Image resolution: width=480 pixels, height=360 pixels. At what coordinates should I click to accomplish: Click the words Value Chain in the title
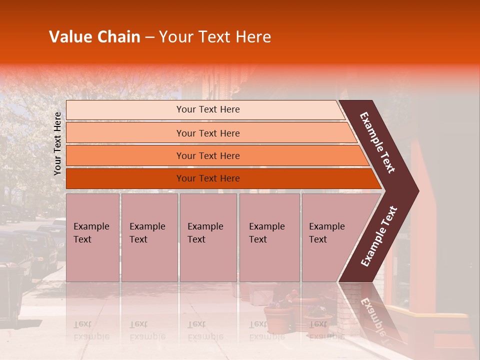pyautogui.click(x=94, y=37)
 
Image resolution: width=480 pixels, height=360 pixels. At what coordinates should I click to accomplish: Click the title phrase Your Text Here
pyautogui.click(x=215, y=37)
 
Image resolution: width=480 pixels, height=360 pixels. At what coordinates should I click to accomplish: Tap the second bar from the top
pyautogui.click(x=207, y=133)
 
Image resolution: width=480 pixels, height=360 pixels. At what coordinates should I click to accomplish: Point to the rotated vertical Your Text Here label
pyautogui.click(x=57, y=143)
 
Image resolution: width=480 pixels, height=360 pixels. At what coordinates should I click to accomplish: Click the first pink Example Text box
pyautogui.click(x=92, y=237)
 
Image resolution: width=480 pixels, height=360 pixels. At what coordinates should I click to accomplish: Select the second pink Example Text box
pyautogui.click(x=149, y=237)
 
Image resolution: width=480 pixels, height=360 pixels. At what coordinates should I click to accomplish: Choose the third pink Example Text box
pyautogui.click(x=208, y=237)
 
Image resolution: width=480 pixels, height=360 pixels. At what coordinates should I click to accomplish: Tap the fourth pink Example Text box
pyautogui.click(x=269, y=237)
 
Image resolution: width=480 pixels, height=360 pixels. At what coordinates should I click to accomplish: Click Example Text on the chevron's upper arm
pyautogui.click(x=377, y=142)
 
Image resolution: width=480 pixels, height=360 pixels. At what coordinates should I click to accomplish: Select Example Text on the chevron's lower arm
pyautogui.click(x=379, y=236)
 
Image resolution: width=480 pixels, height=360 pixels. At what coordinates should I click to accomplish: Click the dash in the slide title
pyautogui.click(x=149, y=37)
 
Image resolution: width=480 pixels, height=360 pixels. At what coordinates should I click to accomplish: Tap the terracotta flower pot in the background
pyautogui.click(x=277, y=317)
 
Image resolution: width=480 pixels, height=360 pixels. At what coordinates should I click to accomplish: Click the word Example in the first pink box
pyautogui.click(x=91, y=226)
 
